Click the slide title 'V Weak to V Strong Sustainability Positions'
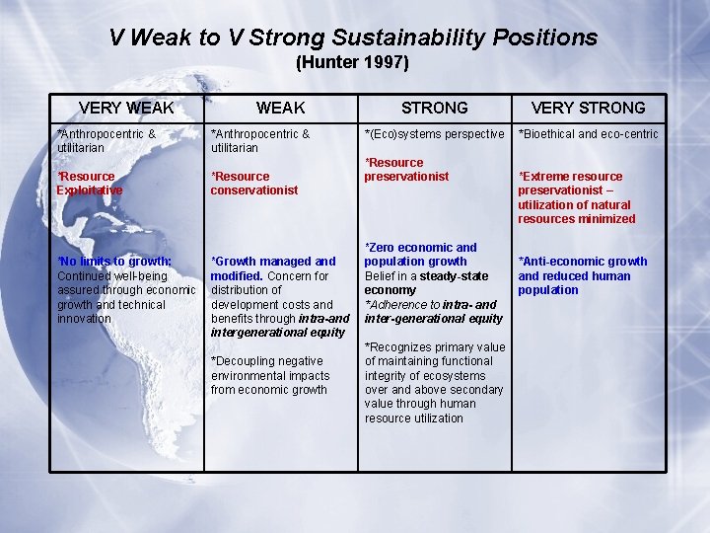tap(353, 38)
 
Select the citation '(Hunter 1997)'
tap(352, 63)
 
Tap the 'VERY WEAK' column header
tap(126, 108)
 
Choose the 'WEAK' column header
tap(280, 108)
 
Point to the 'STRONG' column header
tap(434, 108)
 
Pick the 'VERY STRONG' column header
tap(588, 108)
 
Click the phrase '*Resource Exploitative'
tap(90, 184)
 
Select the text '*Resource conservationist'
tap(254, 184)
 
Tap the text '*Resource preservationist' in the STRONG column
tap(406, 170)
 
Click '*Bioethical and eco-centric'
tap(588, 134)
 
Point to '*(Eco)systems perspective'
tap(434, 134)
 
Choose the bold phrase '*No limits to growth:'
tap(114, 262)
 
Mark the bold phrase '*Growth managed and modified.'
tap(272, 268)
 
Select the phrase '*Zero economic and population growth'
tap(421, 255)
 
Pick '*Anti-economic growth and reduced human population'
tap(582, 275)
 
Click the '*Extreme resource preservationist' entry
tap(572, 184)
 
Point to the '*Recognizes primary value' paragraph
tap(434, 383)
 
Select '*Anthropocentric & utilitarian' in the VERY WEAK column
tap(106, 140)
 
